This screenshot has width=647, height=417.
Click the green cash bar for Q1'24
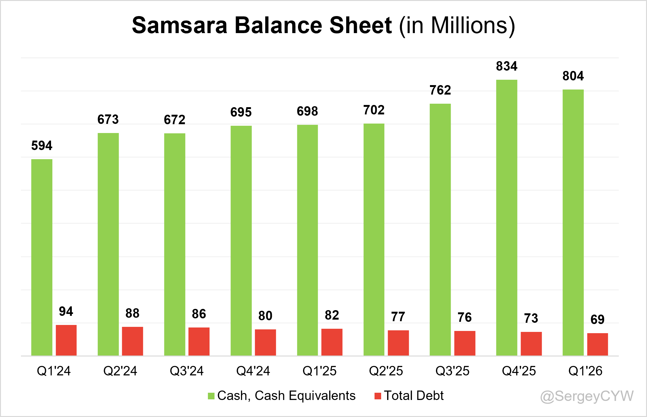point(42,257)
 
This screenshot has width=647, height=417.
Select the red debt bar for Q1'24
point(66,340)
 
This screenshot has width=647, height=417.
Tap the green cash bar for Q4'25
point(507,217)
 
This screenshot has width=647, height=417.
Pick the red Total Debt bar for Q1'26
point(598,344)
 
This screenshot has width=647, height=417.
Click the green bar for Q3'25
point(440,229)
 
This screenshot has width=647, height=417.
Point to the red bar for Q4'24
point(265,342)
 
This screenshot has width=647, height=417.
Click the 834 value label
point(507,66)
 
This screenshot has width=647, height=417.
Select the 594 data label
point(42,146)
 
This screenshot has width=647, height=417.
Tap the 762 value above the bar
point(440,90)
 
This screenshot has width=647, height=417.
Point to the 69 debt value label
point(598,320)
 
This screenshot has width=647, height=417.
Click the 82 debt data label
point(332,315)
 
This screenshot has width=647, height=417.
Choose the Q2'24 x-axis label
point(120,371)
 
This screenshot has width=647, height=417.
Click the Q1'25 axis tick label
point(319,371)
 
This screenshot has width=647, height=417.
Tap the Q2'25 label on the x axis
point(386,371)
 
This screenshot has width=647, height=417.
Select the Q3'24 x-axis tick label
point(187,371)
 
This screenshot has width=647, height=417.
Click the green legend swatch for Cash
point(211,396)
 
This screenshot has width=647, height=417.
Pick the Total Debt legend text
point(414,396)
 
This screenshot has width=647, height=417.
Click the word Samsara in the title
point(180,25)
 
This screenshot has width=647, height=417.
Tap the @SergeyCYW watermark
point(587,396)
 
